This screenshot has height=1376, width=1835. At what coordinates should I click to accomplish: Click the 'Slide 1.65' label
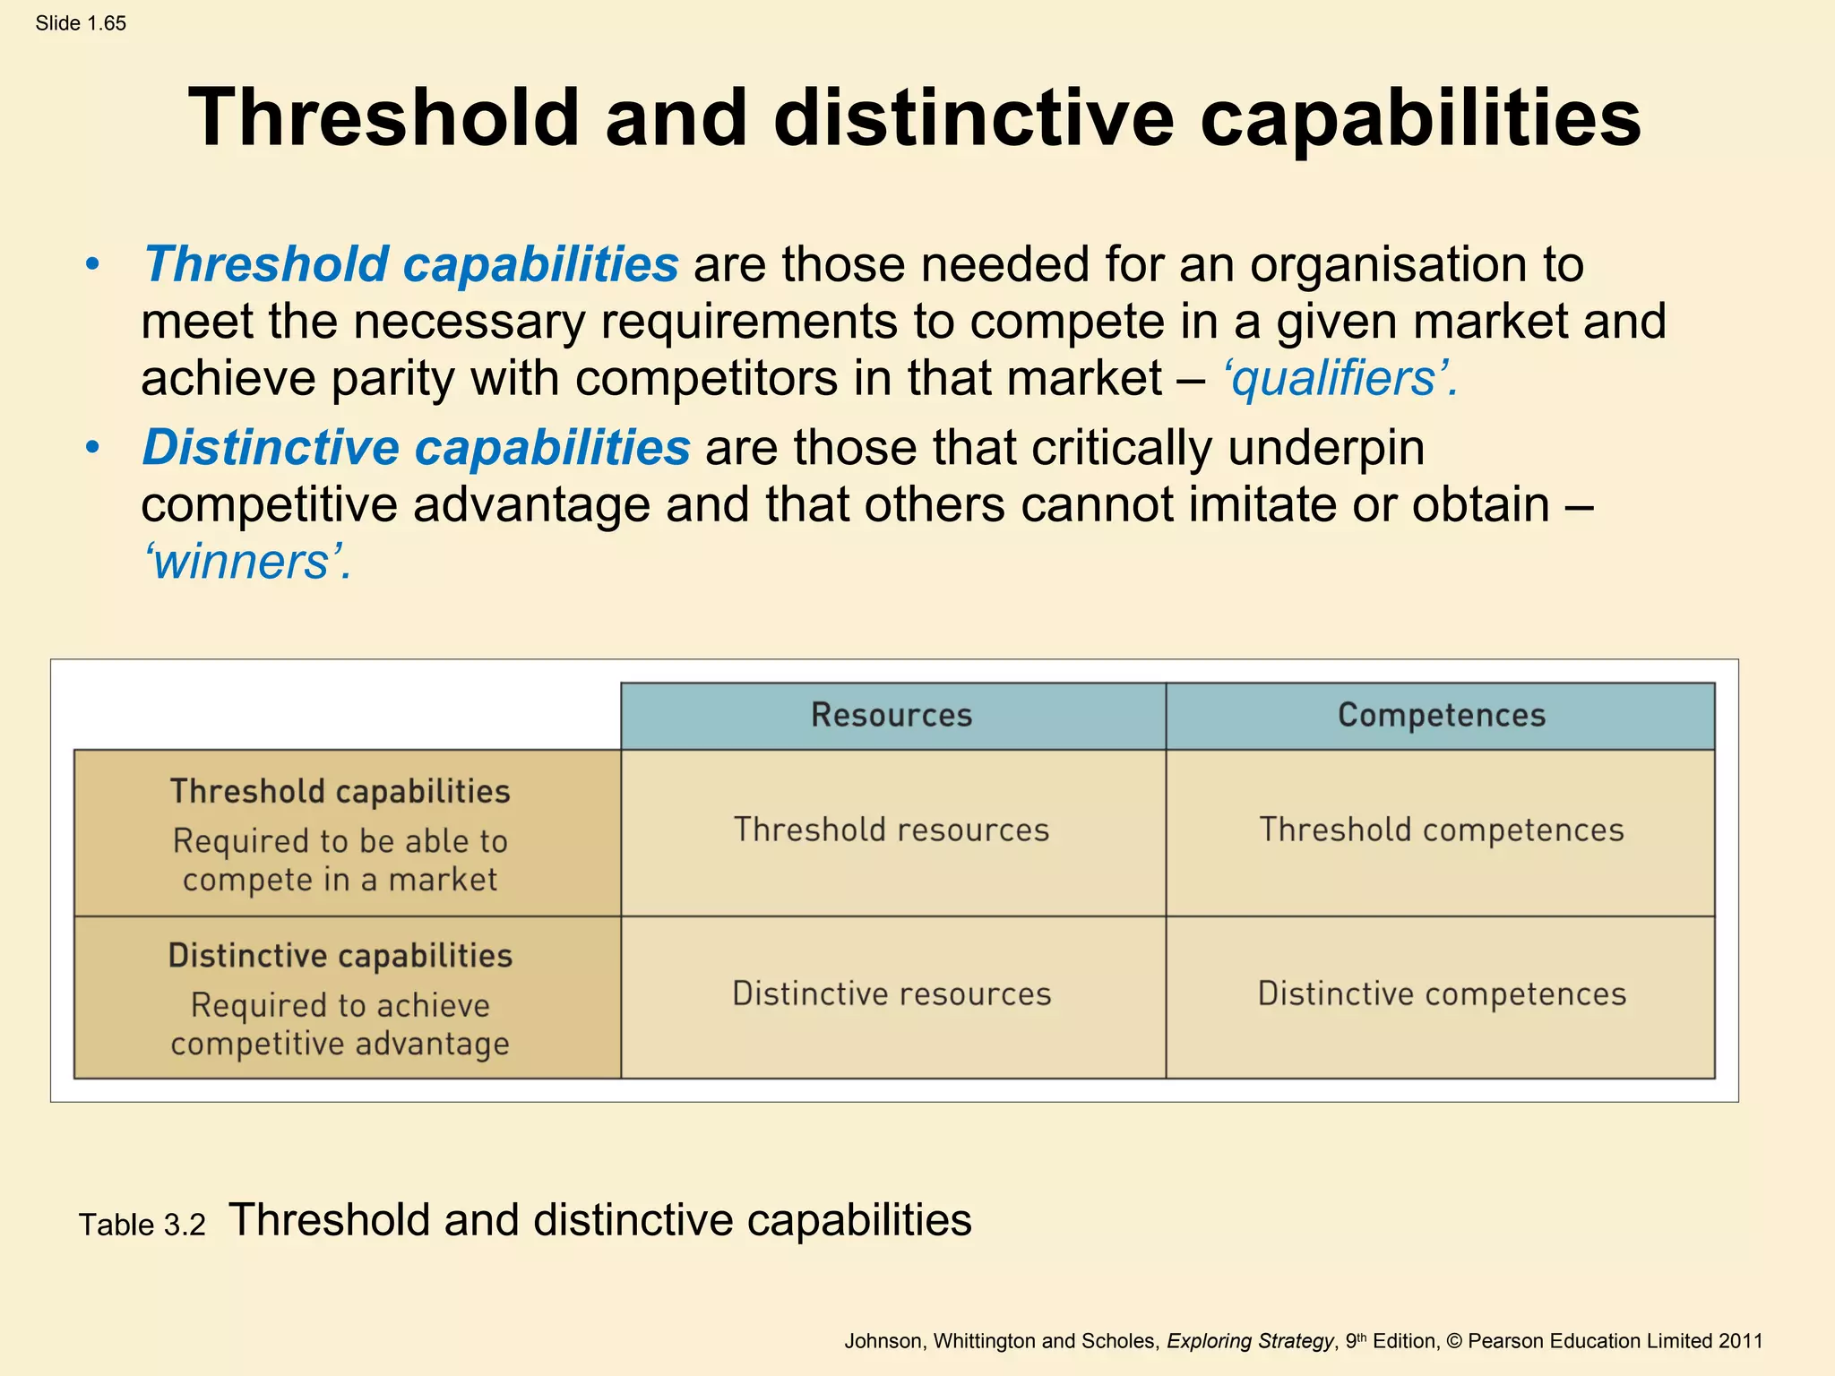[x=81, y=23]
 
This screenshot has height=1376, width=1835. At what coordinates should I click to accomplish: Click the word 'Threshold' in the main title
[x=383, y=118]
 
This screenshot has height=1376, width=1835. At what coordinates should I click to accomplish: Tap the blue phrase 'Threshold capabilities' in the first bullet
[x=411, y=265]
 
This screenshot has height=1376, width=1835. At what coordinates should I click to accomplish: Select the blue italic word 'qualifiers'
[x=1334, y=379]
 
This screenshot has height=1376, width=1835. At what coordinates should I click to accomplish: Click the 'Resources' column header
[x=892, y=716]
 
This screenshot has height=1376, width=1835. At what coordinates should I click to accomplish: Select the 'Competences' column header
[x=1441, y=716]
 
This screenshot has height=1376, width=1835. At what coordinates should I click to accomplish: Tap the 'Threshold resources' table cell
[x=892, y=830]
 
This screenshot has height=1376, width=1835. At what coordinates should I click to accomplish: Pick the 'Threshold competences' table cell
[x=1441, y=830]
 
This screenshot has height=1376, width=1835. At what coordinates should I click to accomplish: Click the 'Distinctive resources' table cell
[x=892, y=994]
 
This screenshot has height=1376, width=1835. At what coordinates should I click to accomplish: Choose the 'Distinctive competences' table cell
[x=1441, y=994]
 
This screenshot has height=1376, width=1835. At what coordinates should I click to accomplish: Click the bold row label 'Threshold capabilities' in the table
[x=340, y=792]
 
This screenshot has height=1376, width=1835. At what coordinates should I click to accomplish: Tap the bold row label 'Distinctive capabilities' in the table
[x=340, y=956]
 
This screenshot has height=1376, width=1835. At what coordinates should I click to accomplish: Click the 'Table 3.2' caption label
[x=142, y=1225]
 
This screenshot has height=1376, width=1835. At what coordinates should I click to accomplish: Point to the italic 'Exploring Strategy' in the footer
[x=1250, y=1341]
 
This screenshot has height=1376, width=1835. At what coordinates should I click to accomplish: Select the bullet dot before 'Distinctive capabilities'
[x=92, y=448]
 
